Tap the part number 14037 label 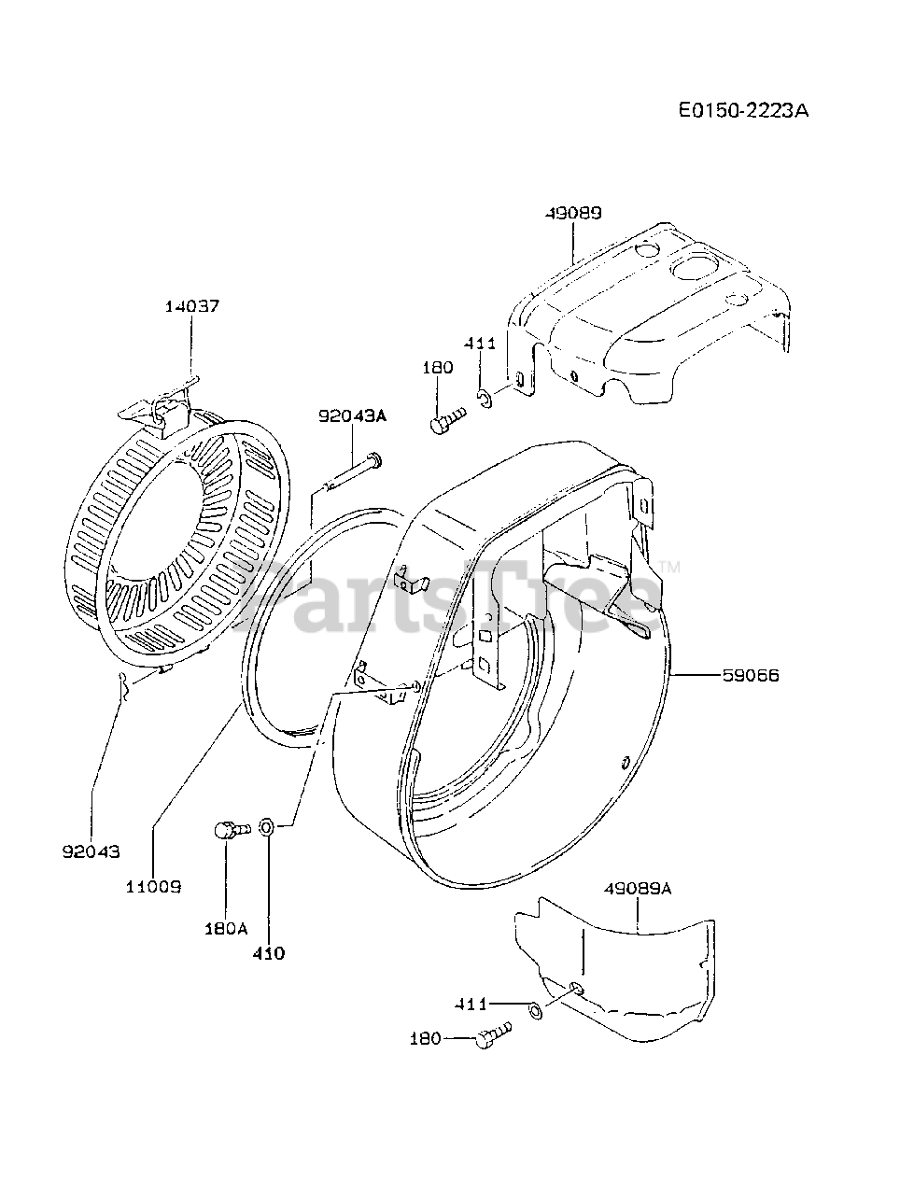(x=193, y=306)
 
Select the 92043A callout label (x=352, y=417)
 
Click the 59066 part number (x=751, y=674)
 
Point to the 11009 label (x=152, y=885)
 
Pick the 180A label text (x=225, y=928)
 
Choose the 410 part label (x=270, y=953)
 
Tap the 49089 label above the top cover (x=571, y=213)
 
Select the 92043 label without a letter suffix (x=91, y=851)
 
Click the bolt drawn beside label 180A (x=228, y=828)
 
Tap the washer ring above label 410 (x=266, y=826)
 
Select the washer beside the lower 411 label (x=535, y=1010)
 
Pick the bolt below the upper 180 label (x=447, y=420)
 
